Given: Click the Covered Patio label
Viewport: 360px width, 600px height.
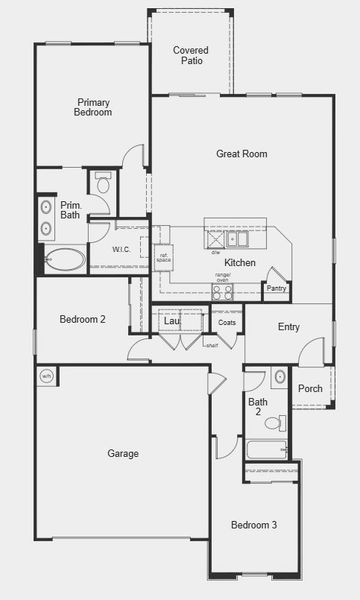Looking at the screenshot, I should tap(190, 55).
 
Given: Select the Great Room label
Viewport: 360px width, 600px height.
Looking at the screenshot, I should tap(241, 154).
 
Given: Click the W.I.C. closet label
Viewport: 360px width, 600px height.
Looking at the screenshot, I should tap(122, 249).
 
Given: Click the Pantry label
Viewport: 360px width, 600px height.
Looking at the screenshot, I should tap(277, 291).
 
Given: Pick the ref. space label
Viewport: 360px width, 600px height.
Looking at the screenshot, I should tap(165, 257).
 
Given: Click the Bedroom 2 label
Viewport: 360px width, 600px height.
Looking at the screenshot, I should tap(82, 320).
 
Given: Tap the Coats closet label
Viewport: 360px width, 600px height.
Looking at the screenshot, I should tap(227, 323).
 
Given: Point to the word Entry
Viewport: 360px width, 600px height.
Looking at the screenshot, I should tap(289, 327).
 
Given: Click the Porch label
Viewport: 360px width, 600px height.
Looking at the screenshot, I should tap(310, 389).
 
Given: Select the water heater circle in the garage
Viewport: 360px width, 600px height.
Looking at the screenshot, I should tap(46, 376).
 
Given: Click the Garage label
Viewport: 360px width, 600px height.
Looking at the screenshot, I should tap(123, 454).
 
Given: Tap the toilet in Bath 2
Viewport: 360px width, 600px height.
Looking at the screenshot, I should tap(282, 422).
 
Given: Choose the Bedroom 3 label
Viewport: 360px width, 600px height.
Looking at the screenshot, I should tap(254, 525).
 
